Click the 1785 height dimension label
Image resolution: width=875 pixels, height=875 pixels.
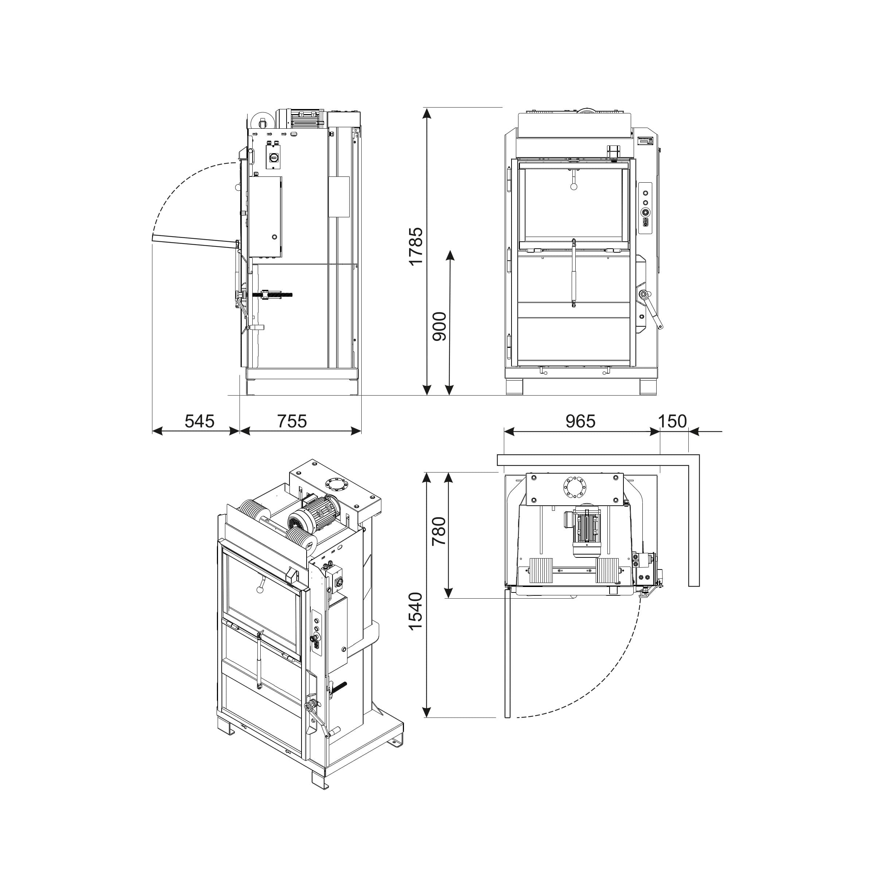click(415, 247)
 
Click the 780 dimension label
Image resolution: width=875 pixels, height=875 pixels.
click(439, 531)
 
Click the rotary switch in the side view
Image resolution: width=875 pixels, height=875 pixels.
click(273, 157)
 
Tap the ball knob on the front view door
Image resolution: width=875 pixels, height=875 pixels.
click(574, 187)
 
